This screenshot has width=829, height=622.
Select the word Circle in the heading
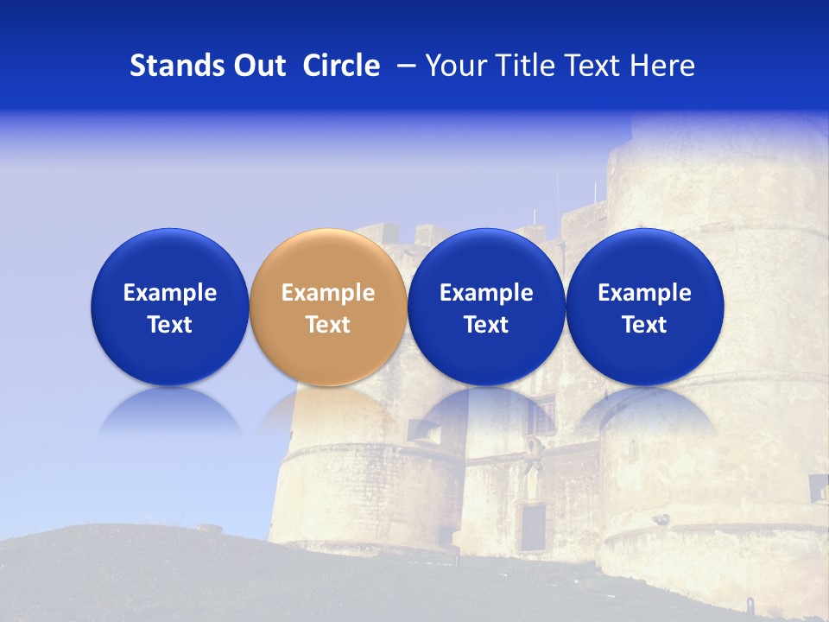pos(341,66)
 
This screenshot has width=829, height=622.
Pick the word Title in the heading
pos(522,66)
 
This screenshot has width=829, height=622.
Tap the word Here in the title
pos(663,66)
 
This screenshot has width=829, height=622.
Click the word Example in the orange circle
pos(328,293)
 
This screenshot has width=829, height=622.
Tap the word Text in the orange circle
pos(328,325)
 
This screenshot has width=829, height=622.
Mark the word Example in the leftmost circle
pos(170,293)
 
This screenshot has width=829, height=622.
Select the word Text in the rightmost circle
pos(644,325)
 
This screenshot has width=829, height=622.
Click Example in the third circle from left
pos(486,293)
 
